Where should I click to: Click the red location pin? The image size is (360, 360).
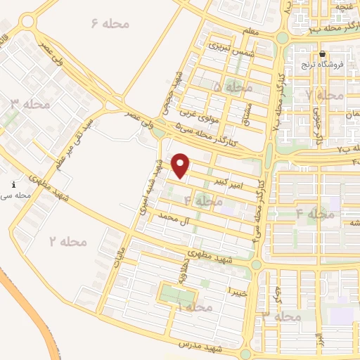[x=182, y=165]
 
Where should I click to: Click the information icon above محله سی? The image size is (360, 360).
[x=15, y=184]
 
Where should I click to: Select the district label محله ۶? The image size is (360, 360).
[x=111, y=24]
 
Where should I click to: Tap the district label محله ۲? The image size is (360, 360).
[x=68, y=241]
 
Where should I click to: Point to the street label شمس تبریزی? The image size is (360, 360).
[x=228, y=44]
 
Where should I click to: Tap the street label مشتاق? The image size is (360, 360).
[x=246, y=111]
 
